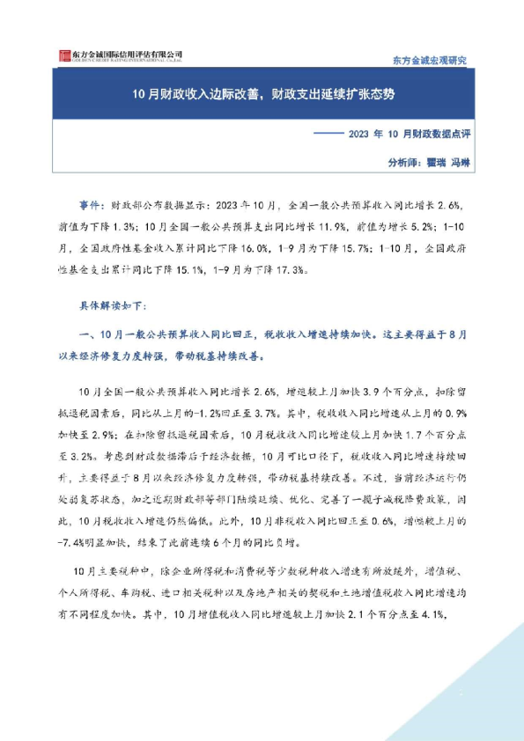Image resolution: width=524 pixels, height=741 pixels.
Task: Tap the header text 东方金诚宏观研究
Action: pyautogui.click(x=429, y=60)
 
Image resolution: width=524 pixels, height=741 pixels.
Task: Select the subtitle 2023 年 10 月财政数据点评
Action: pyautogui.click(x=412, y=135)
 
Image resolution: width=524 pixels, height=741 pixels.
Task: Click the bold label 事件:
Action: pyautogui.click(x=91, y=203)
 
